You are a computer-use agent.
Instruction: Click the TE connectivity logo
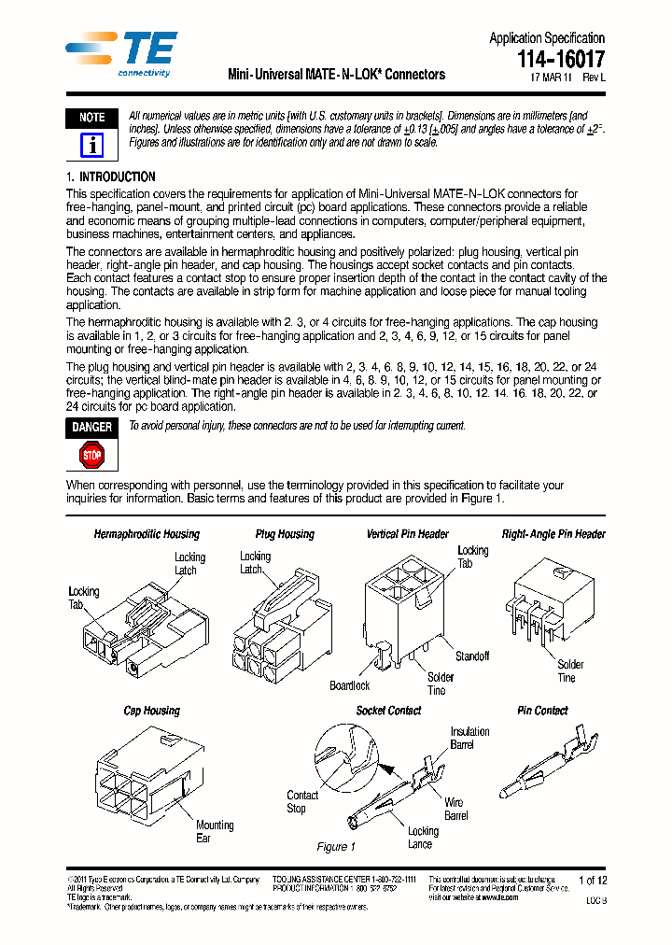pos(121,54)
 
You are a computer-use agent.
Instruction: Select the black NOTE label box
pos(91,118)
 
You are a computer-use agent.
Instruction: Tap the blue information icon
pos(91,145)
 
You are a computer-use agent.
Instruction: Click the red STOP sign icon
pos(91,456)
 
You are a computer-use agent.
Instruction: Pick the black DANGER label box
pos(91,427)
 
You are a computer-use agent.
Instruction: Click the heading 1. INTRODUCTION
pos(111,176)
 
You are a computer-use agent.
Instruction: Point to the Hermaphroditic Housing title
pos(147,534)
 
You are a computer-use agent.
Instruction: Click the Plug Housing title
pos(285,534)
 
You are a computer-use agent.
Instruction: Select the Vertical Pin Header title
pos(408,534)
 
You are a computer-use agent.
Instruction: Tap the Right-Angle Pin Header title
pos(553,534)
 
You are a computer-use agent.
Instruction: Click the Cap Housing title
pos(152,711)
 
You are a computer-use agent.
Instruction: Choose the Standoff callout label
pos(472,656)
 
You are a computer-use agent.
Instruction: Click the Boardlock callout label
pos(349,685)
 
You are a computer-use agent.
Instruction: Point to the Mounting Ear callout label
pos(215,831)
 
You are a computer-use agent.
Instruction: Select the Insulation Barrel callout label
pos(469,739)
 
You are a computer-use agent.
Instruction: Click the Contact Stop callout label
pos(302,801)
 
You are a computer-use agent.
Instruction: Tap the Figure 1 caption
pos(336,847)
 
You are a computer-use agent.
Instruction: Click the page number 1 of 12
pos(593,880)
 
